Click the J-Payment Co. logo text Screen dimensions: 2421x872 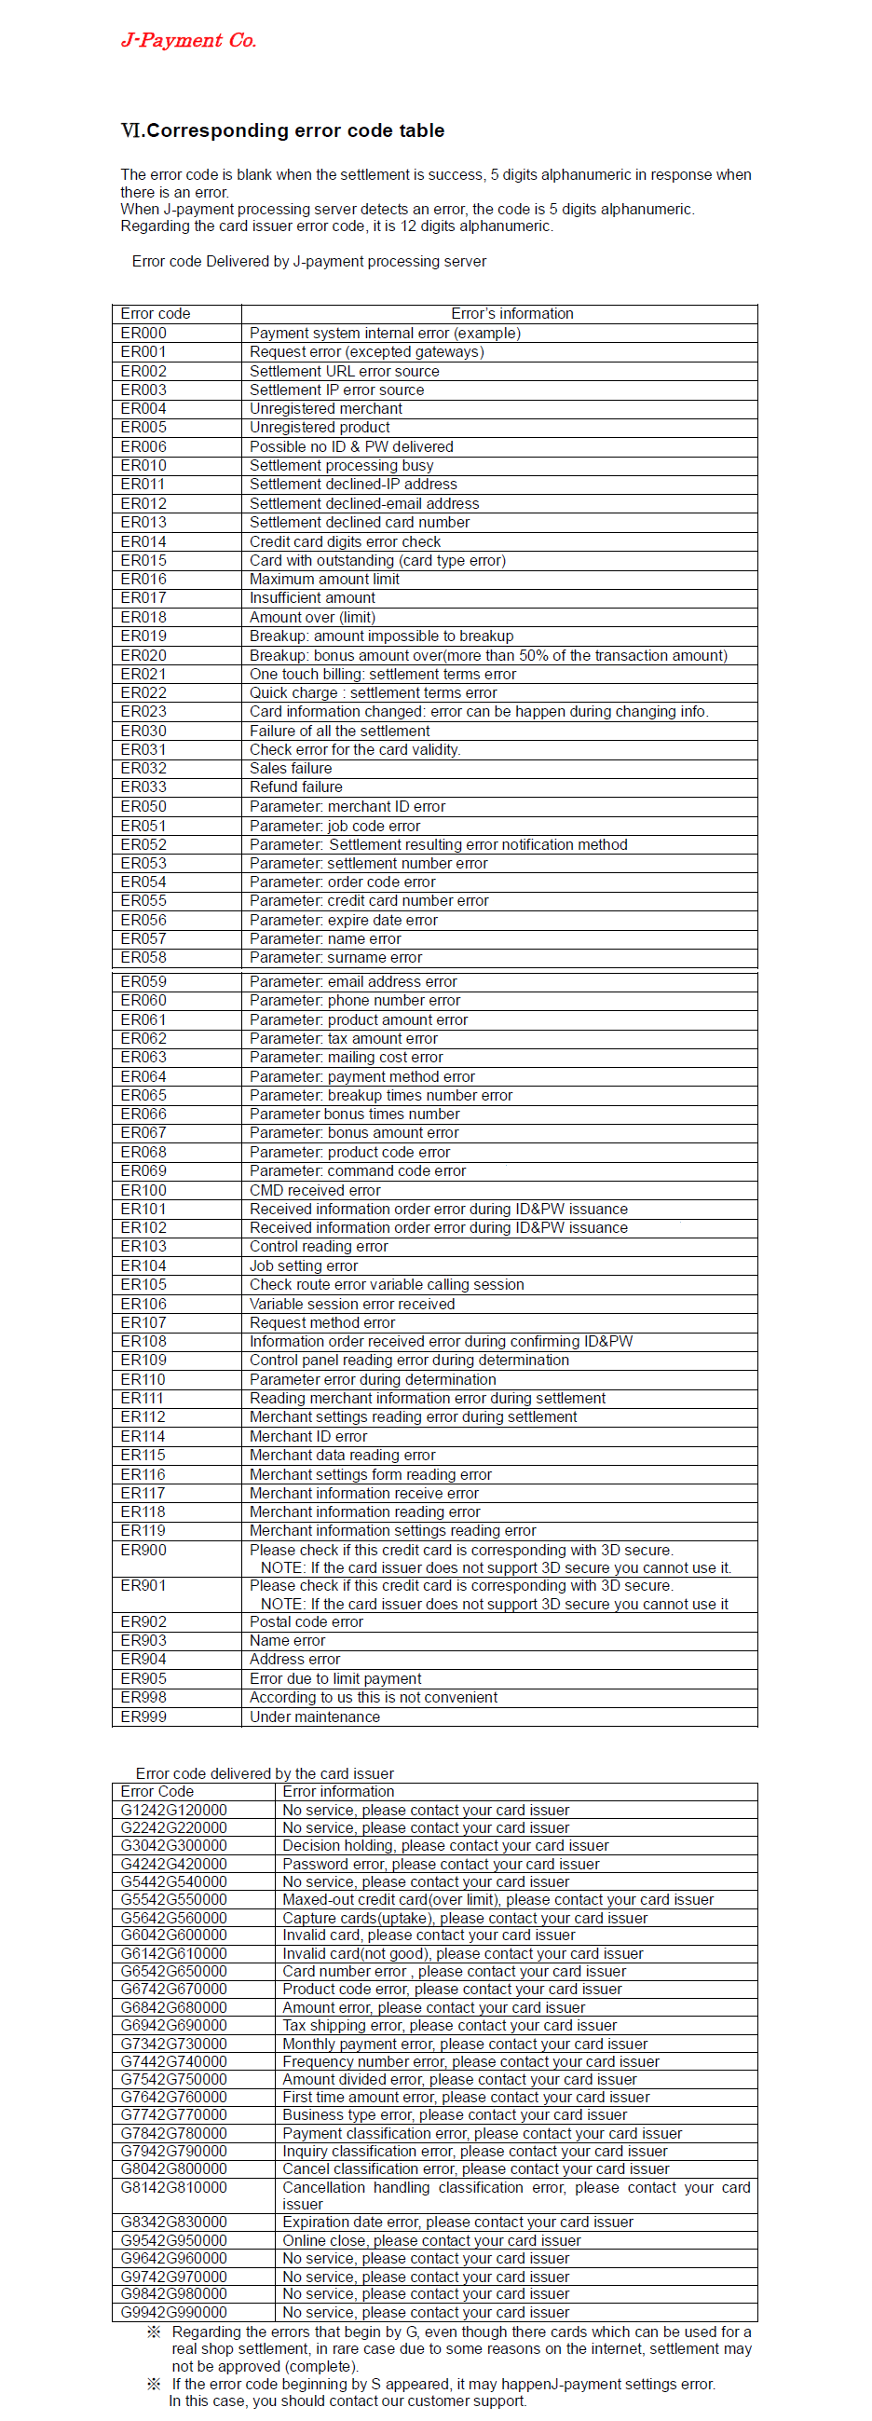188,40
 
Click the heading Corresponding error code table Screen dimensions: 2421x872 283,130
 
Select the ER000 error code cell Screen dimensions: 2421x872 143,333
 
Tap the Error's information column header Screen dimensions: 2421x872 512,313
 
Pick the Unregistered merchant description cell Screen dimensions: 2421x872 325,409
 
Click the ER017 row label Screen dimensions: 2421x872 143,597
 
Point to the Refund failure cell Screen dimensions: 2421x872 296,786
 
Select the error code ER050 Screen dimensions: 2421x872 143,806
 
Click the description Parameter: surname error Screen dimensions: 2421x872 335,957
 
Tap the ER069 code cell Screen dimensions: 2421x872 143,1171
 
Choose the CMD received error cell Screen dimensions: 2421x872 315,1190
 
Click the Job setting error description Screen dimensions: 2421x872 304,1266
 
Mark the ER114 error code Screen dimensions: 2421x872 143,1436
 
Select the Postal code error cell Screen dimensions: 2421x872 307,1621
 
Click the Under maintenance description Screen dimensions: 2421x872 315,1717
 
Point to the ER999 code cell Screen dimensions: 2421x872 143,1717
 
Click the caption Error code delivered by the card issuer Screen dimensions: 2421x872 265,1773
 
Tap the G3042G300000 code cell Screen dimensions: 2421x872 174,1846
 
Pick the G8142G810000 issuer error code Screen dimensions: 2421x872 174,2187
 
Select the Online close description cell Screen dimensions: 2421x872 431,2240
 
